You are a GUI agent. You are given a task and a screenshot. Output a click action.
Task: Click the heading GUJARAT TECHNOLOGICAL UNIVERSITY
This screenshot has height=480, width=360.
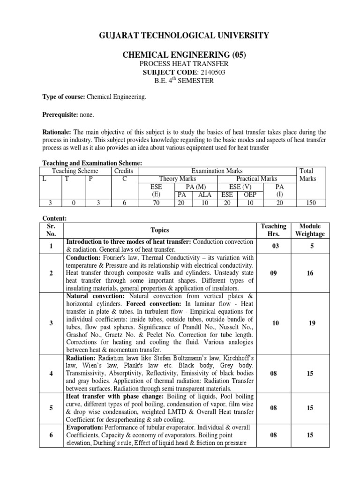click(x=180, y=35)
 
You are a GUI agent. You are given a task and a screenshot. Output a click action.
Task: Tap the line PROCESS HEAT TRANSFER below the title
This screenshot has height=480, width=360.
click(x=180, y=63)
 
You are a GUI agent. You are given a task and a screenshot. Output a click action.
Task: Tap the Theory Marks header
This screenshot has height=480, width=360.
click(x=178, y=179)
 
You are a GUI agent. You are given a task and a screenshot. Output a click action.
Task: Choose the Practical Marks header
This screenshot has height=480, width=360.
click(x=257, y=179)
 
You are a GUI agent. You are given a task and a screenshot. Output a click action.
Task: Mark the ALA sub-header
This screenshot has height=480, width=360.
click(x=205, y=195)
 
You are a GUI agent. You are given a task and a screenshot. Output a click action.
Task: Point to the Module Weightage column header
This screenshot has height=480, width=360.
click(x=310, y=230)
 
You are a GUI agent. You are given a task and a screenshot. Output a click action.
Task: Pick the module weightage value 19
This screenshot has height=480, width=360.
click(x=311, y=322)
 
